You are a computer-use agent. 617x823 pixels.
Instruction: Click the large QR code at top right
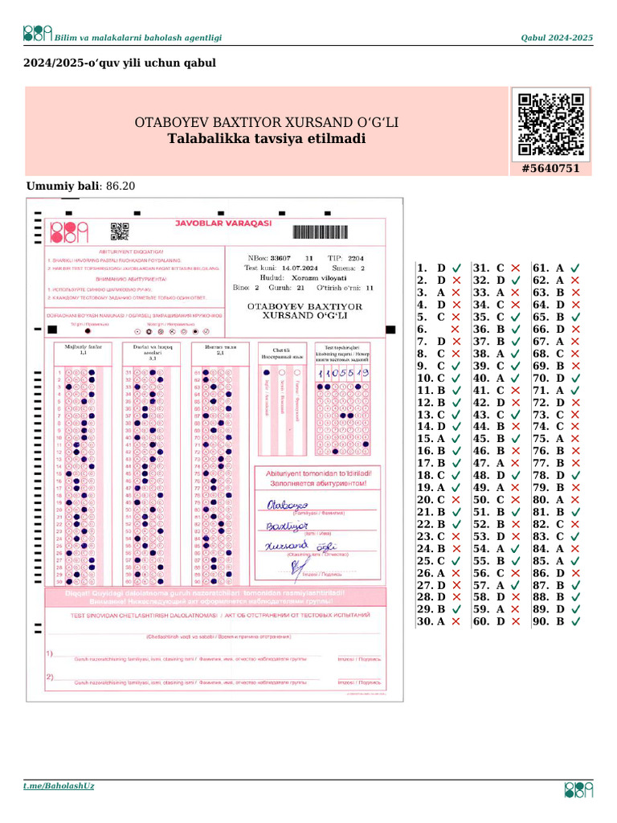pos(550,125)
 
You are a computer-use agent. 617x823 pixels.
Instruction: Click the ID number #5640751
pos(550,169)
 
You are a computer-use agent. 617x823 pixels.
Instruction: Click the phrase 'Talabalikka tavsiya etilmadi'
pos(266,139)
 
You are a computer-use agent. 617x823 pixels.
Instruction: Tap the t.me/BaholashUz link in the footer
pos(59,785)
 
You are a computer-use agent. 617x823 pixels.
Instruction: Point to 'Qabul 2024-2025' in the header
pos(557,38)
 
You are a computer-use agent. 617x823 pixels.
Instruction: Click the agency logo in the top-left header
pos(37,33)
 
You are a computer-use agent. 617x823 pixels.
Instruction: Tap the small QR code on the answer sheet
pos(120,231)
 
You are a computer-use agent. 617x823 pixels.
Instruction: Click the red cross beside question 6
pos(456,330)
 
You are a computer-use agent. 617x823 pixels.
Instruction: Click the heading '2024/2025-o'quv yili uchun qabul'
pos(120,62)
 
